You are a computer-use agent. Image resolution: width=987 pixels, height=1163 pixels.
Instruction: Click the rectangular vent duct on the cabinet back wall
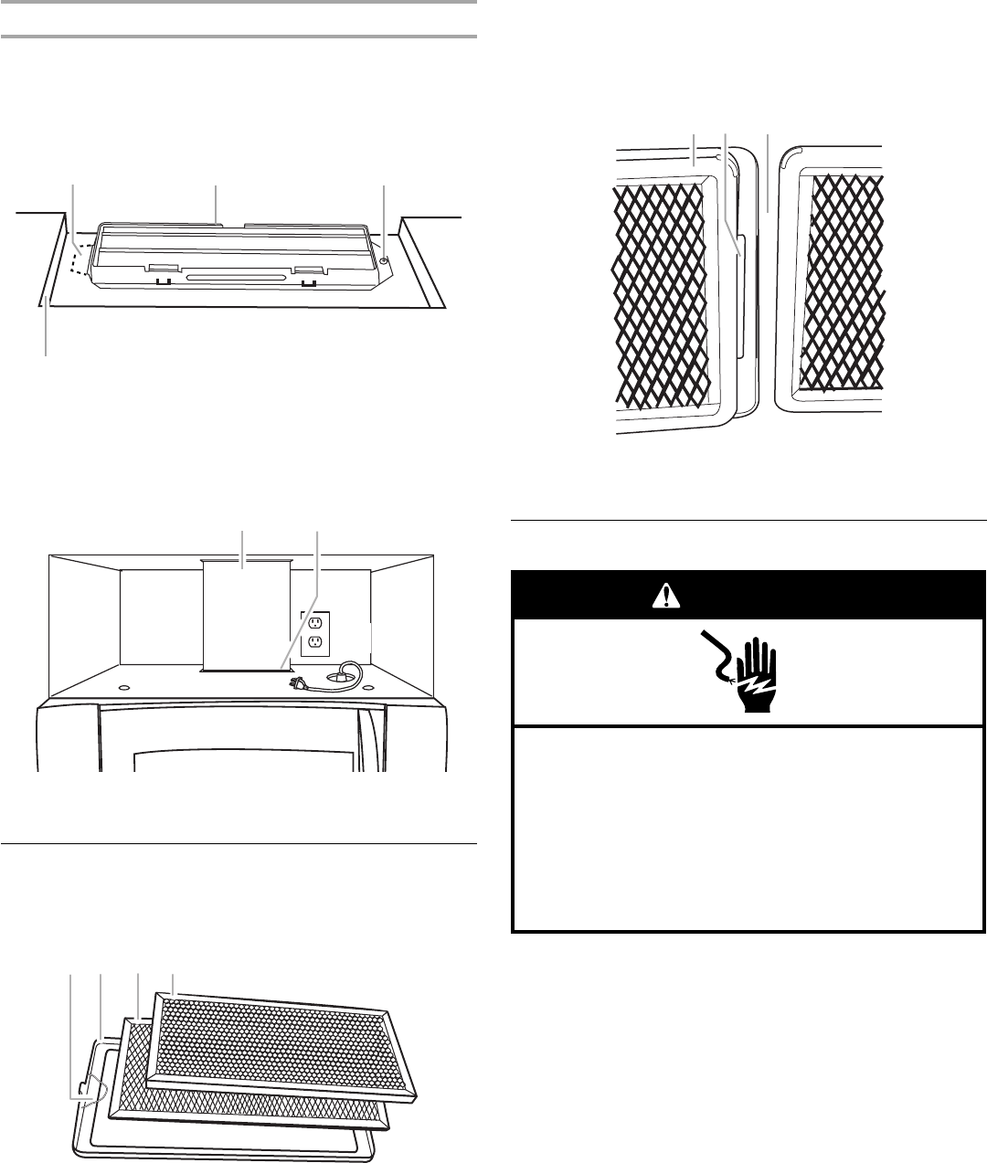click(x=245, y=615)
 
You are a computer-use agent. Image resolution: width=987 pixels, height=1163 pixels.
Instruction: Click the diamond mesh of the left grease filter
click(x=658, y=292)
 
